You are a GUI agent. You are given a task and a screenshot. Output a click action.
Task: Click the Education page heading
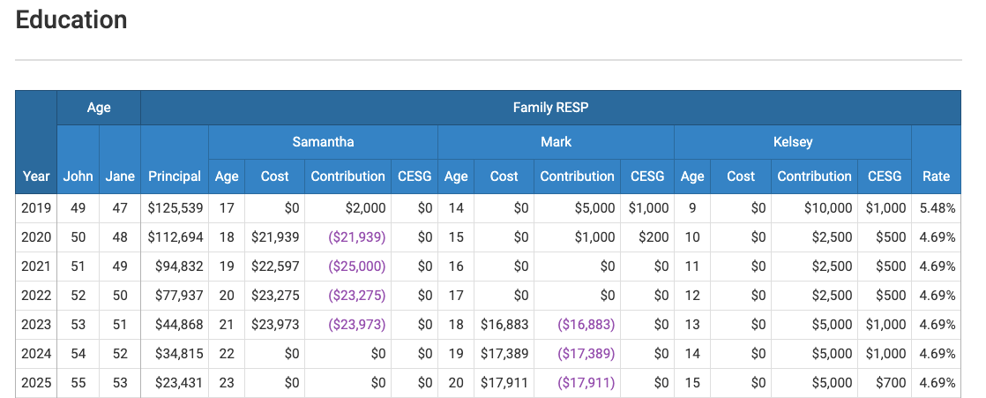coord(71,20)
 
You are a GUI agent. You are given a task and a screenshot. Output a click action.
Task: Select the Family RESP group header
coord(550,108)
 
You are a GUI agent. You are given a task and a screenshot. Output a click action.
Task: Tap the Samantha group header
coord(323,141)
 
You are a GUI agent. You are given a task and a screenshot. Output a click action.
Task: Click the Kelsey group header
coord(792,141)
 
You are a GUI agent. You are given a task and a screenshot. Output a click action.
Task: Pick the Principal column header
coord(175,176)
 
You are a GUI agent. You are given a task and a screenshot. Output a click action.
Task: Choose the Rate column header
coord(936,176)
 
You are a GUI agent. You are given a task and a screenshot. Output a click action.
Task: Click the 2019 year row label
coord(36,208)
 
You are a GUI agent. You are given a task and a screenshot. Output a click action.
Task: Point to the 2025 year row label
coord(36,383)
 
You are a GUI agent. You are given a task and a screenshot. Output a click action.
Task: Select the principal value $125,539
coord(175,208)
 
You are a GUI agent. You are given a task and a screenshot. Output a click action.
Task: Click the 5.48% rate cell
coord(937,208)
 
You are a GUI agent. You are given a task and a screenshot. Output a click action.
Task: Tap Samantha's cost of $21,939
coord(275,237)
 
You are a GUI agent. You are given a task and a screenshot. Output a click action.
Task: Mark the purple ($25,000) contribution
coord(356,267)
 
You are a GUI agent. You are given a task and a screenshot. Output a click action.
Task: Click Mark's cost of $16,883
coord(504,325)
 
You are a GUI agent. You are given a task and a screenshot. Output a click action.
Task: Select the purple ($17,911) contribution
coord(586,383)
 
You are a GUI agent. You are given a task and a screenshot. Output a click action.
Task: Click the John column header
coord(78,176)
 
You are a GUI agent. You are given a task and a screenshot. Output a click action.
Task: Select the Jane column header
coord(120,176)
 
